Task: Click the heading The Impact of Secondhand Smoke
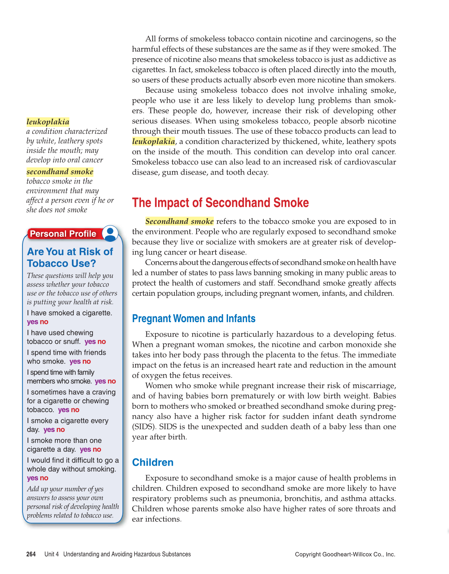click(x=220, y=203)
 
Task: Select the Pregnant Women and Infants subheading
click(x=193, y=319)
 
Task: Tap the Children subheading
click(x=153, y=462)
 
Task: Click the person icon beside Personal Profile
click(x=110, y=233)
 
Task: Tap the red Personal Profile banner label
click(x=63, y=234)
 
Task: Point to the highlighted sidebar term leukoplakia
click(x=48, y=122)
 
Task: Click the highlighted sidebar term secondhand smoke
click(x=60, y=172)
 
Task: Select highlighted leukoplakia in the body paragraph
click(x=153, y=141)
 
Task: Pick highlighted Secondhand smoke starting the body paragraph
click(x=179, y=221)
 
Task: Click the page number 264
click(x=31, y=554)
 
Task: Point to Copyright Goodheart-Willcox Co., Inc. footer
click(x=345, y=554)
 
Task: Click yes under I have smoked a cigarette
click(x=32, y=322)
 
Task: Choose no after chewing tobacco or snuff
click(x=102, y=342)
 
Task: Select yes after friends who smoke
click(x=75, y=361)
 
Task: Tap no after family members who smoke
click(x=112, y=381)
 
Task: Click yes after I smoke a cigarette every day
click(x=49, y=430)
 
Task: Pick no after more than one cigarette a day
click(x=97, y=449)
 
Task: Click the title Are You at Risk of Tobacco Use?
click(x=70, y=257)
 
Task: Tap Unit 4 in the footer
click(x=52, y=554)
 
